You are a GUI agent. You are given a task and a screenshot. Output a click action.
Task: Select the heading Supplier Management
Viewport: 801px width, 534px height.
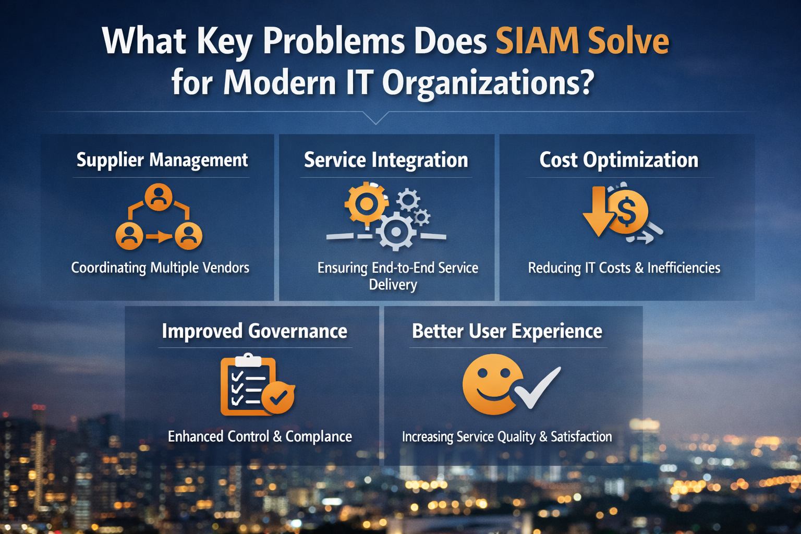[x=162, y=160]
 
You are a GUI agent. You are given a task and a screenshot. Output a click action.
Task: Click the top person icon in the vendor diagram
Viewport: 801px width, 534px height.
[x=159, y=197]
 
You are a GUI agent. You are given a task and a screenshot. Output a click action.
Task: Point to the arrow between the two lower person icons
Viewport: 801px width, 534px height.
[x=159, y=236]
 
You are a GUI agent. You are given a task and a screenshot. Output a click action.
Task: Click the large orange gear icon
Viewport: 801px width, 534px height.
[x=366, y=204]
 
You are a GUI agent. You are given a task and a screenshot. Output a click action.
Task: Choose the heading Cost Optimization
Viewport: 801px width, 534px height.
[x=618, y=160]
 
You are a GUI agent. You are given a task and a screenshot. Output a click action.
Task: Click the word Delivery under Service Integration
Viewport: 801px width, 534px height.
[x=393, y=285]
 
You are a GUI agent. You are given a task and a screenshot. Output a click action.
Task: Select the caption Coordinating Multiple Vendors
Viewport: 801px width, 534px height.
[x=160, y=268]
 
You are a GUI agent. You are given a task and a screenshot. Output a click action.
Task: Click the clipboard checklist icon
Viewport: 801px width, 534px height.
[x=249, y=384]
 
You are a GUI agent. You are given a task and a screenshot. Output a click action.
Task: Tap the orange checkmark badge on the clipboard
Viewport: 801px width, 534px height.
[x=278, y=397]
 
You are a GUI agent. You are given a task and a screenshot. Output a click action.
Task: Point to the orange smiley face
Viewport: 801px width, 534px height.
[x=493, y=384]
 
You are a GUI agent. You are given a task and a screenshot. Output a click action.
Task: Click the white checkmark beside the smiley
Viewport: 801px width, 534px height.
[x=537, y=387]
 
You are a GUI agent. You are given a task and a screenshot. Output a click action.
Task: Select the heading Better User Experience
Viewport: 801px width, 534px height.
[x=507, y=331]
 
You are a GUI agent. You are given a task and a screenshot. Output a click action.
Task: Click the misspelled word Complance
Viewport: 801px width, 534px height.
[x=319, y=436]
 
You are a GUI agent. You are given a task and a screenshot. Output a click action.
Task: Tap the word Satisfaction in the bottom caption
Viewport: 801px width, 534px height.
[x=581, y=436]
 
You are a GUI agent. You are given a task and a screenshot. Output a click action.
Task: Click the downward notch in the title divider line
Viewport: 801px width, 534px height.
[x=375, y=118]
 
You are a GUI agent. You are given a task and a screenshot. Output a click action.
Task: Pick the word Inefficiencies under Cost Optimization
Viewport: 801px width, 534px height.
[x=684, y=268]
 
